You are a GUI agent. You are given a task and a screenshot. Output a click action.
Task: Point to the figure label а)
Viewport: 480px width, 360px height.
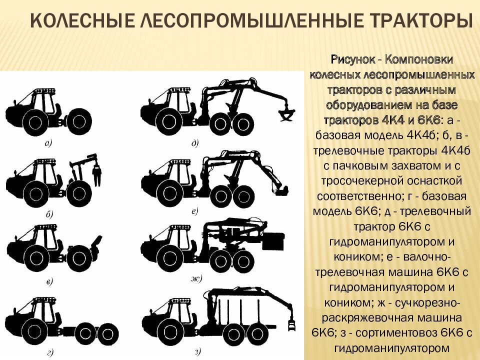click(x=48, y=143)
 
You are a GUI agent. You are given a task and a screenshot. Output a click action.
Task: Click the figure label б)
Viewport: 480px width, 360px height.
click(x=49, y=214)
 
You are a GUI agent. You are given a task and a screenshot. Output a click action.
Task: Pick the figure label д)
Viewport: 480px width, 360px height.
click(x=195, y=143)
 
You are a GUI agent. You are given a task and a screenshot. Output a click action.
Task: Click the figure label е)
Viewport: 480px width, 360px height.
click(x=195, y=211)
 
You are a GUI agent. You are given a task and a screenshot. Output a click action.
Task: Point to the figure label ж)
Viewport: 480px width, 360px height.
click(x=196, y=278)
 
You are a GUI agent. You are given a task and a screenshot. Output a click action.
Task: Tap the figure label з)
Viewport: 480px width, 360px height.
click(x=197, y=352)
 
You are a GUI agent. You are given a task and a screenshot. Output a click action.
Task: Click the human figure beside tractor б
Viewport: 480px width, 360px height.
click(x=97, y=174)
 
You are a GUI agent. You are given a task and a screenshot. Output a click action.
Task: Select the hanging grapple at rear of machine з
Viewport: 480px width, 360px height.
click(x=291, y=323)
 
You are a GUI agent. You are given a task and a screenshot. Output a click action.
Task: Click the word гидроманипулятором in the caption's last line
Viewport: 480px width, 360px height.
click(x=392, y=348)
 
